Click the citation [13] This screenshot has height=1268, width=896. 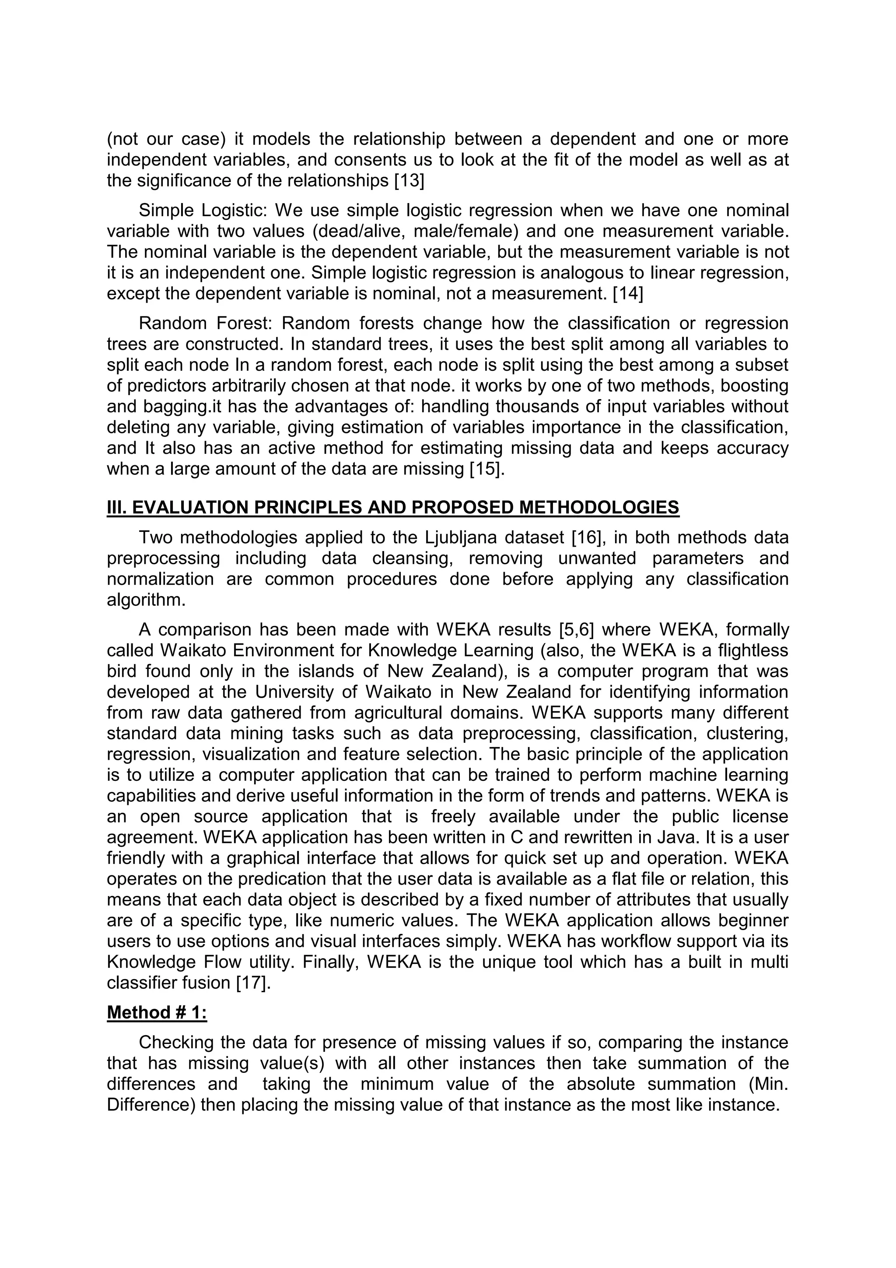pos(409,181)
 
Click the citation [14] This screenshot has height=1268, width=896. pos(628,293)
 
